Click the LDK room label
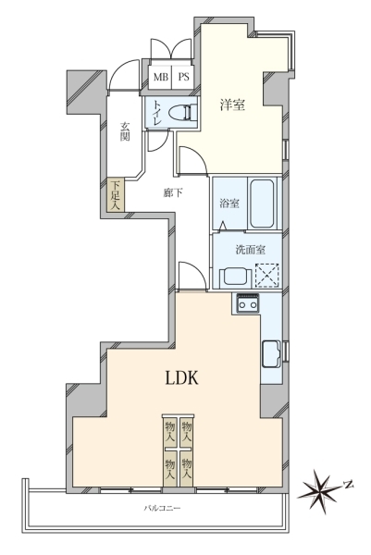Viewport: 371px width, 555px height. click(x=182, y=378)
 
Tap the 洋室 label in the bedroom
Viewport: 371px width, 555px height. click(x=232, y=105)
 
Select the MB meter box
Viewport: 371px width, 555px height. click(x=160, y=77)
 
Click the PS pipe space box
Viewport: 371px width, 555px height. click(x=183, y=77)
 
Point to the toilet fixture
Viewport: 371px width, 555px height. click(x=182, y=113)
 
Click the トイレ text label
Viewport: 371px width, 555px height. click(x=156, y=113)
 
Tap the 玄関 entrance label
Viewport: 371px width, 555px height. click(x=124, y=131)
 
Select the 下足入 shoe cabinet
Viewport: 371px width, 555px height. click(x=116, y=195)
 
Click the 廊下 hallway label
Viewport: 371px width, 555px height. click(x=173, y=193)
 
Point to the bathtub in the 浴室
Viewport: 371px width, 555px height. click(x=262, y=203)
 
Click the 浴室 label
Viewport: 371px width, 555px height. click(x=229, y=203)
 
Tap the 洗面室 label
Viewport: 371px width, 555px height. click(x=251, y=250)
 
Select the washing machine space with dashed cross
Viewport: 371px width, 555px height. click(x=267, y=275)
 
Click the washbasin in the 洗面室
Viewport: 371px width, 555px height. click(x=235, y=277)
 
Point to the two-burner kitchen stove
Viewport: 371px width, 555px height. click(x=247, y=303)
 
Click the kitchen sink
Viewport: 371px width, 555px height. click(x=271, y=354)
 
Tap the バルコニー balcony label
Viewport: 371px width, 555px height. click(x=162, y=508)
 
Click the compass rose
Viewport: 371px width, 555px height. click(x=320, y=490)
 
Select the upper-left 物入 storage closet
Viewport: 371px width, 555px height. click(x=170, y=432)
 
